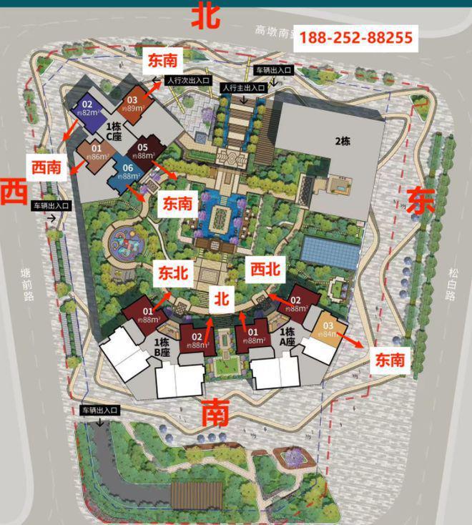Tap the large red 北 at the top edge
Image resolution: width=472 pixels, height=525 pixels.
pos(205,16)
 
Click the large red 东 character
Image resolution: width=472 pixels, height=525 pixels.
pos(421,200)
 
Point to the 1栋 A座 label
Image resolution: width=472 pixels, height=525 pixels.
pos(287,335)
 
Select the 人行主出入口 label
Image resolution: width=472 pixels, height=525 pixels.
pos(243,87)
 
